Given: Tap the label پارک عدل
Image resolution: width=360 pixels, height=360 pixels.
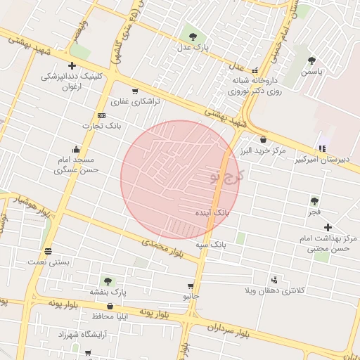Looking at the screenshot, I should [193, 47].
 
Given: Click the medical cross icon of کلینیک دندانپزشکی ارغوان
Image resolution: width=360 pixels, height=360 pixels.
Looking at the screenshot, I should [91, 65].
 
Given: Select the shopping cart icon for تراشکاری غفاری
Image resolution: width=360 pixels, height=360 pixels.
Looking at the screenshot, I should [134, 91].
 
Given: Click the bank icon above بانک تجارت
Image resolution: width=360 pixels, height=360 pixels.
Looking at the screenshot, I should [102, 115].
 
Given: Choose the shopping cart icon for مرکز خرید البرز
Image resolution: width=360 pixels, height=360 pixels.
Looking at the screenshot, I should [263, 139].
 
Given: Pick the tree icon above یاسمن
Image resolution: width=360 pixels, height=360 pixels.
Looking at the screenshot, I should [311, 60].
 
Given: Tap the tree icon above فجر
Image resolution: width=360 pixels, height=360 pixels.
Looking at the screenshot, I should [314, 201].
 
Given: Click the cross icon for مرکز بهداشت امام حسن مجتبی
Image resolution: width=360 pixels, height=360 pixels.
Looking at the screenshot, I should [328, 227].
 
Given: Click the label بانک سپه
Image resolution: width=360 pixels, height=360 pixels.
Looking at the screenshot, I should [211, 244].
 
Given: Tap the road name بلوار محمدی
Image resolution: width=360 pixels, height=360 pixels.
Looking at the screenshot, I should [162, 247].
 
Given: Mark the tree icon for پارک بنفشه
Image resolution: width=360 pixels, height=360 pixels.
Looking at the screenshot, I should [108, 281].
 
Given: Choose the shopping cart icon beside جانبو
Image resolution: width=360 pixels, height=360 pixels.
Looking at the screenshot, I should [190, 286].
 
